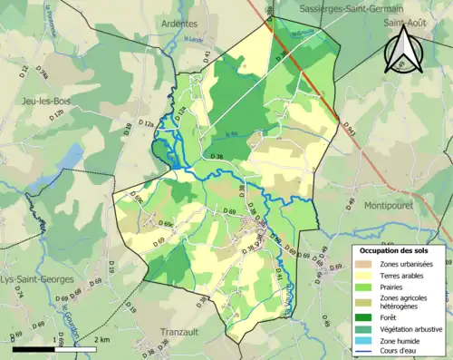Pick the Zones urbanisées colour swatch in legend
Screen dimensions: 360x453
coord(364,264)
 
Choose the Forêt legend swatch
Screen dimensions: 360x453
coord(364,316)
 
